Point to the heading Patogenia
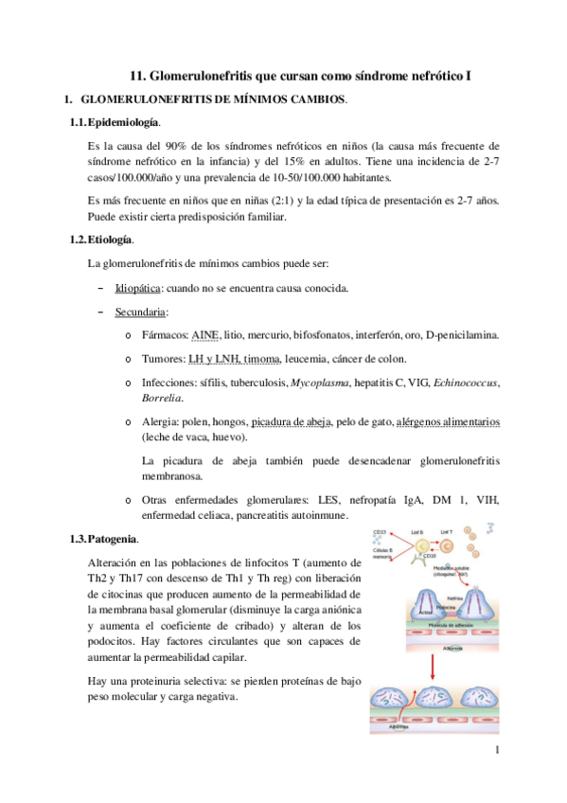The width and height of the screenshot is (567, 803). [x=113, y=540]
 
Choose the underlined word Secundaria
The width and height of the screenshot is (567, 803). [x=140, y=311]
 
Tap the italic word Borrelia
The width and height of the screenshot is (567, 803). [x=160, y=398]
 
